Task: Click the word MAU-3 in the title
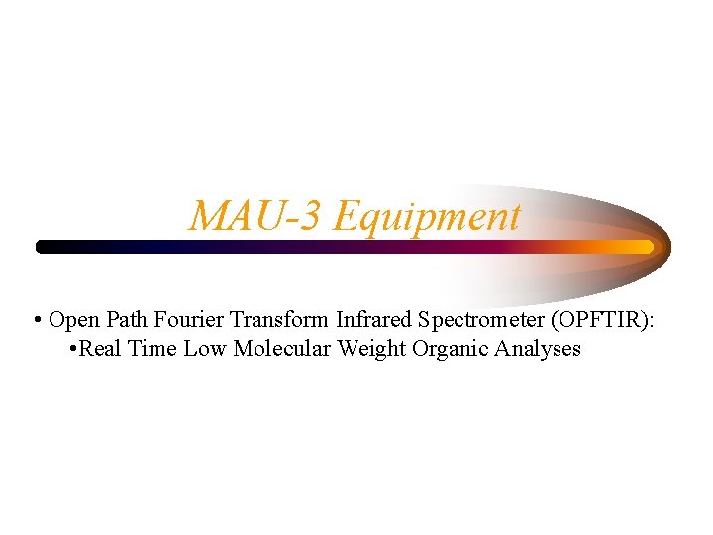256,216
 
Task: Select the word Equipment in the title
427,216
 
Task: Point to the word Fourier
191,320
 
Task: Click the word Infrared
374,320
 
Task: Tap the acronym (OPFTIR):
602,320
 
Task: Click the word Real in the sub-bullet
102,349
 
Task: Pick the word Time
155,349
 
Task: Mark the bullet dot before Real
76,350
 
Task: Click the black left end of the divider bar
45,246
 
